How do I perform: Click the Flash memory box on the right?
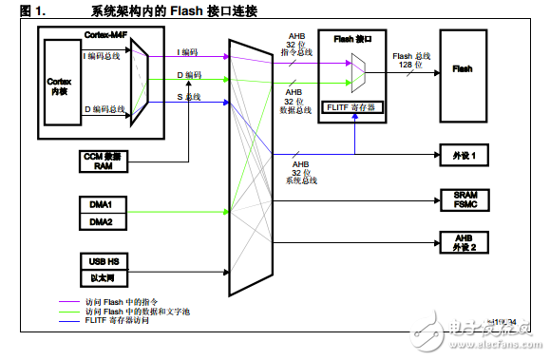click(x=462, y=69)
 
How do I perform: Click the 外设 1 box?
click(x=462, y=154)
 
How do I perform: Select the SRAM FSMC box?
click(x=462, y=199)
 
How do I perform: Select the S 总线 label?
click(x=189, y=97)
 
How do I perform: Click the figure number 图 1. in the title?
click(x=20, y=10)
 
